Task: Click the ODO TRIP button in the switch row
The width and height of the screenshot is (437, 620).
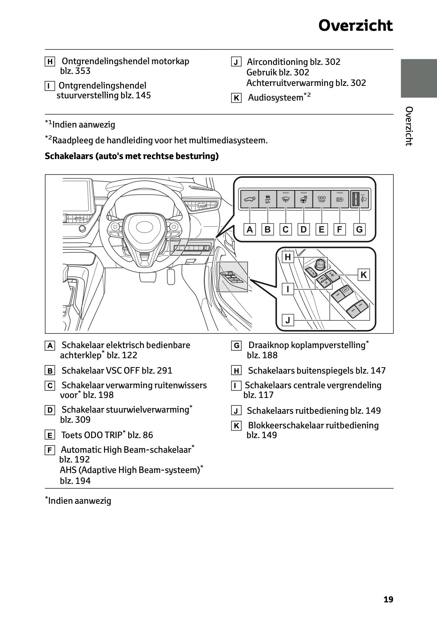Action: click(322, 199)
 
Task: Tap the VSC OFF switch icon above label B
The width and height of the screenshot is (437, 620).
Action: click(267, 199)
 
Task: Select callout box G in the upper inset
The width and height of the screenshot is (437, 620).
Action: click(359, 229)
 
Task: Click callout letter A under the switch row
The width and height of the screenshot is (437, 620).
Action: click(250, 229)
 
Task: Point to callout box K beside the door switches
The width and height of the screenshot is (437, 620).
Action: click(363, 275)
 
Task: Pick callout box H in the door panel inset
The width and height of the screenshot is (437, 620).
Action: click(288, 257)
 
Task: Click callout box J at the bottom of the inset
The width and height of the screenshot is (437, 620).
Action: click(288, 320)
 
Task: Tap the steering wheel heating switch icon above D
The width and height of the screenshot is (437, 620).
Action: click(304, 199)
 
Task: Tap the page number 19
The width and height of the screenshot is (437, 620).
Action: click(388, 599)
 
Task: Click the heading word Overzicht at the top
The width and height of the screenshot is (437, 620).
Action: click(355, 26)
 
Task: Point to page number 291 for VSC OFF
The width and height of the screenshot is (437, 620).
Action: click(164, 371)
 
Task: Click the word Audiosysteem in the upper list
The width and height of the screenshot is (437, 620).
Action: click(275, 98)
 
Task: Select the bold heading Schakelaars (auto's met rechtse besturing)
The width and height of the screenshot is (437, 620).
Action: click(131, 156)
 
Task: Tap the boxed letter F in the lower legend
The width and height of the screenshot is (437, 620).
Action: click(50, 450)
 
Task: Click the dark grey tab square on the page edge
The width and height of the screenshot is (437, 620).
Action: click(418, 78)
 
